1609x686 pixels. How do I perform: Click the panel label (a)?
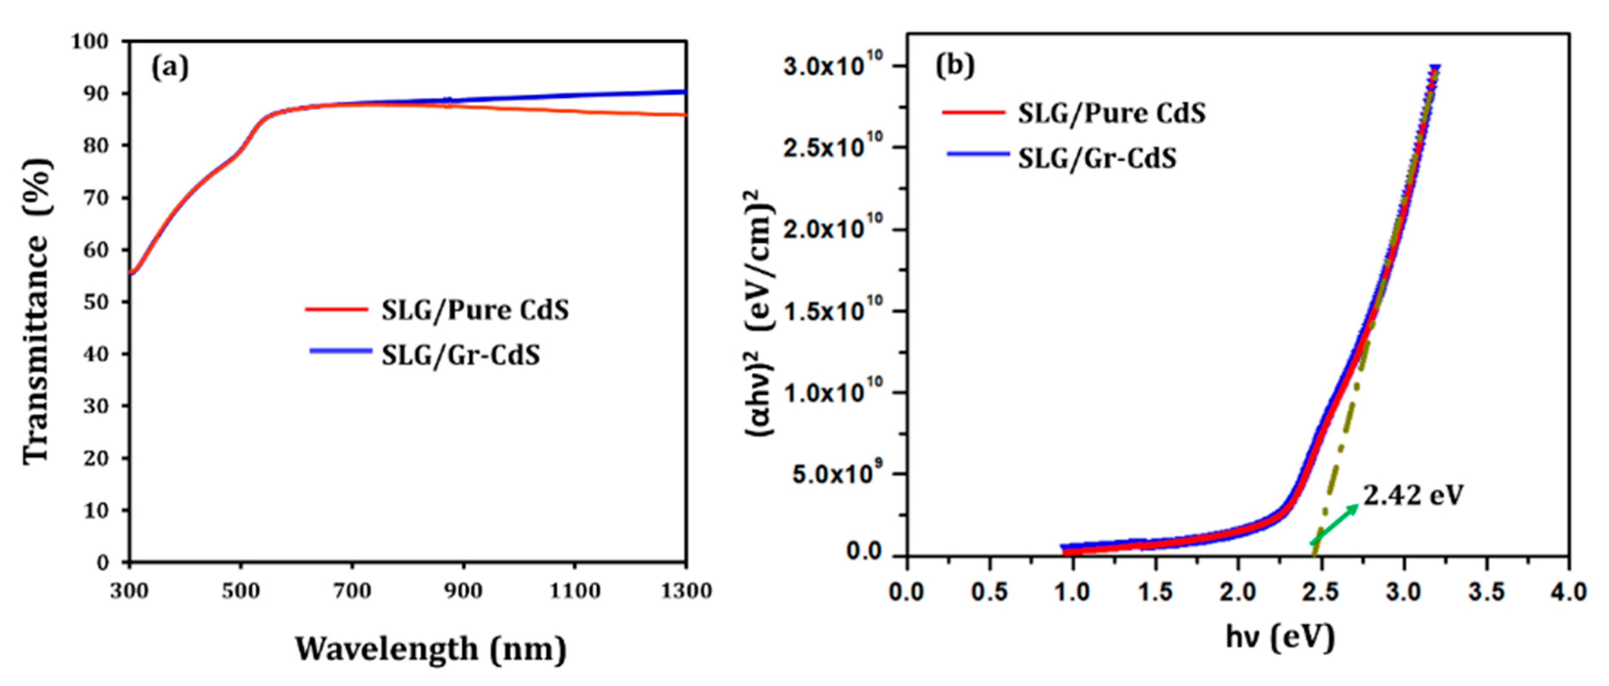click(x=170, y=68)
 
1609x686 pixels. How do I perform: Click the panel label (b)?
click(x=954, y=65)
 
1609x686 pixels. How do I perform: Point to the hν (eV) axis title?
click(x=1281, y=637)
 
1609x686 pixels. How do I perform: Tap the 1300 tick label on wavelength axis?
click(x=686, y=590)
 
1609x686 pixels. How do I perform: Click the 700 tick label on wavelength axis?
click(x=352, y=590)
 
